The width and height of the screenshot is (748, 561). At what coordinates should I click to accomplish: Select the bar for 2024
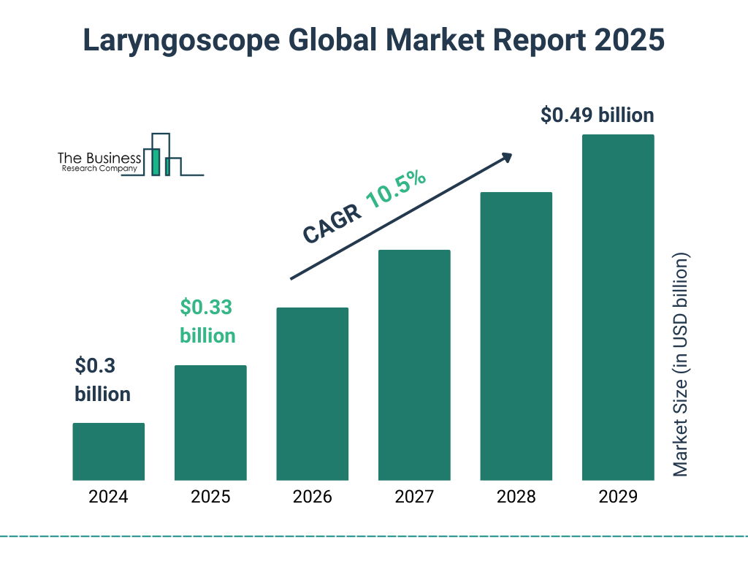pyautogui.click(x=108, y=451)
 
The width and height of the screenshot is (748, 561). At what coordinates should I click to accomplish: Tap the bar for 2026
pyautogui.click(x=312, y=394)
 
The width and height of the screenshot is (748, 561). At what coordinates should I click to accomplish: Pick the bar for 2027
pyautogui.click(x=414, y=365)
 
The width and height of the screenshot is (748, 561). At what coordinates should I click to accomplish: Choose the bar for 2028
pyautogui.click(x=516, y=336)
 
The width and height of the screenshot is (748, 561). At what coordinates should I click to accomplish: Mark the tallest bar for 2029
pyautogui.click(x=618, y=307)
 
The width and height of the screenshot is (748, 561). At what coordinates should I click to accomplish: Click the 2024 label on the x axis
pyautogui.click(x=108, y=497)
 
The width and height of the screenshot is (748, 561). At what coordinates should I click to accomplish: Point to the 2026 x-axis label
pyautogui.click(x=312, y=497)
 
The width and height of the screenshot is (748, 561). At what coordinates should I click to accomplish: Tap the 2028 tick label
pyautogui.click(x=516, y=497)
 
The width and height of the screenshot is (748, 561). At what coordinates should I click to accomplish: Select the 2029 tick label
pyautogui.click(x=618, y=497)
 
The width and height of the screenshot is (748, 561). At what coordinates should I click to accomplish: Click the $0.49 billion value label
pyautogui.click(x=597, y=115)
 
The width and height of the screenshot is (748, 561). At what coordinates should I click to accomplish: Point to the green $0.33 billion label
pyautogui.click(x=207, y=321)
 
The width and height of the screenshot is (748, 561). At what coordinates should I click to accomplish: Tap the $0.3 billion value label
pyautogui.click(x=102, y=380)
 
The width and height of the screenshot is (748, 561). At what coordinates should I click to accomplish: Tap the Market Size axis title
pyautogui.click(x=681, y=365)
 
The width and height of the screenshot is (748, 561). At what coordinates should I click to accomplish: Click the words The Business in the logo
pyautogui.click(x=99, y=159)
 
